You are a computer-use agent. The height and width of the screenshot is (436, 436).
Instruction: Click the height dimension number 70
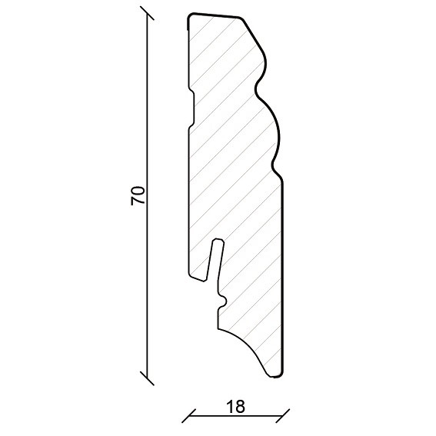coord(138,195)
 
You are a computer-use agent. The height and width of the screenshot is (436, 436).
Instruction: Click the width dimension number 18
coord(235,407)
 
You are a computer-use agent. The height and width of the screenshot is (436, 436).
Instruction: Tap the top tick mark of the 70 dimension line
coord(147,13)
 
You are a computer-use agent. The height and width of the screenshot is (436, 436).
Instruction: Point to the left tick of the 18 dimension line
coord(189,416)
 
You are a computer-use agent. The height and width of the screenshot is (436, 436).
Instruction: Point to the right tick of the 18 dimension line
coord(283,416)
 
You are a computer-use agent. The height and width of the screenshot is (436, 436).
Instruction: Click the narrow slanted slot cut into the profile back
coord(215,259)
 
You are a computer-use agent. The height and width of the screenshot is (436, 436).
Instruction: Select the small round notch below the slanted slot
coord(223,301)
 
